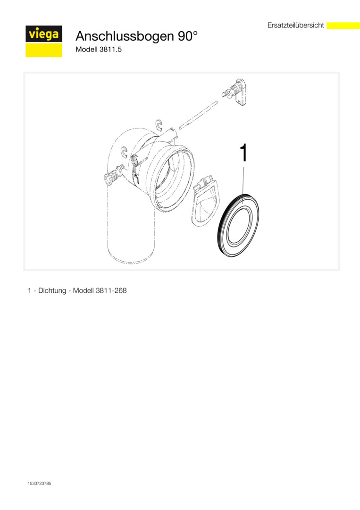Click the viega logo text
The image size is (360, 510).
coord(44,34)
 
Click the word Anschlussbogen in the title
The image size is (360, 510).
coord(125,36)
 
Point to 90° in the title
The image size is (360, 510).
coord(187,36)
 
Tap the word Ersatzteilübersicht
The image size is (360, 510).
coord(296,25)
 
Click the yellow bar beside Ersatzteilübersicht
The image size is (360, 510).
coord(343,25)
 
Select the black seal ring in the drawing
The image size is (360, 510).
coord(238,225)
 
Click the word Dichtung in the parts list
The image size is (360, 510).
coord(52,290)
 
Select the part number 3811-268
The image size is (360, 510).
coord(111,290)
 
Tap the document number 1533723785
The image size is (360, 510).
coord(39,484)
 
